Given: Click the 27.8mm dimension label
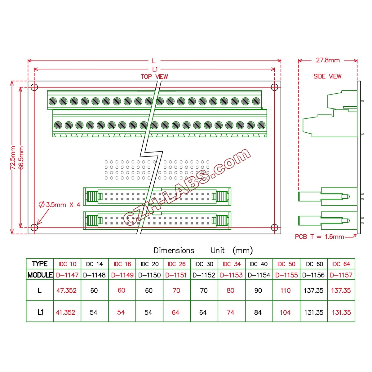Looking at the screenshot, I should click(x=328, y=60).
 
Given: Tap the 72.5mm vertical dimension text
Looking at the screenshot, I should click(x=13, y=158).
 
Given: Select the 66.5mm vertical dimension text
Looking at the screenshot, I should click(x=21, y=158).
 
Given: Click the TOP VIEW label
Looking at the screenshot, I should click(x=154, y=77).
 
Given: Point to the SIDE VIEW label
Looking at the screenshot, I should click(x=327, y=77).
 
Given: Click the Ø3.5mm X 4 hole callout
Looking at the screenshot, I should click(x=60, y=205).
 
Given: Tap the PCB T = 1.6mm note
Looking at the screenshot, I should click(x=319, y=237).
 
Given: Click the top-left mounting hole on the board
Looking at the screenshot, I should click(x=34, y=87).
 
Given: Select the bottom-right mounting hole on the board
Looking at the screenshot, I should click(x=274, y=228).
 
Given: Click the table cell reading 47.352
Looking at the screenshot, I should click(x=67, y=290).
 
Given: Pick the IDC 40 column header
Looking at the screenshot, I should click(x=259, y=264).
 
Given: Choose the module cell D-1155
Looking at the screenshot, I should click(x=286, y=275).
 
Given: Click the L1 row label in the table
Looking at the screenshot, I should click(x=40, y=312).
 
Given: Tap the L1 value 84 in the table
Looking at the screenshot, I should click(x=258, y=312).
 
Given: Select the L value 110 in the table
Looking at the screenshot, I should click(x=286, y=290).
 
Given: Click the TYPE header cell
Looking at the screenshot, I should click(x=40, y=264).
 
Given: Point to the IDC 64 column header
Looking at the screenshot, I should click(x=341, y=264).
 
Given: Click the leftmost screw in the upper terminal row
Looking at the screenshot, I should click(x=53, y=101).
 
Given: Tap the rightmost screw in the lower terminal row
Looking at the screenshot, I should click(x=261, y=125).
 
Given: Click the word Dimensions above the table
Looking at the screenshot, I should click(x=174, y=250).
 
